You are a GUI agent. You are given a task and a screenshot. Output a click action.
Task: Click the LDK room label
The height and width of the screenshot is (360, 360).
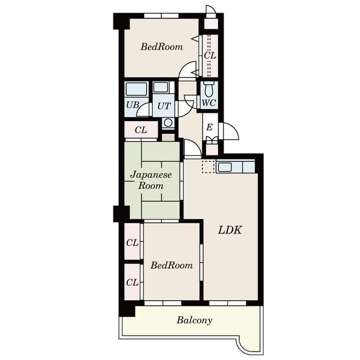tap(230, 230)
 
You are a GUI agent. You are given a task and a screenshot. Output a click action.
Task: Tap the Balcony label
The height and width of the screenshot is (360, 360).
tap(194, 320)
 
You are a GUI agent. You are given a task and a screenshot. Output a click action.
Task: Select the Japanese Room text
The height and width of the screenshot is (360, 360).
tap(151, 180)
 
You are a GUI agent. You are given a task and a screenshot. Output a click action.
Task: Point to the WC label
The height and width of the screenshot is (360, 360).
tap(209, 103)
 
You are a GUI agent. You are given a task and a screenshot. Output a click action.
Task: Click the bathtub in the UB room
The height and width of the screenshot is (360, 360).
tap(136, 89)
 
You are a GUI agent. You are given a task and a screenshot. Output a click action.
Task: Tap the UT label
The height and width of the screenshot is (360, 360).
tap(164, 106)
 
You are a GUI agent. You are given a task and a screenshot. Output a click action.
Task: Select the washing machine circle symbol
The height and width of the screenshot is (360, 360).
tap(168, 122)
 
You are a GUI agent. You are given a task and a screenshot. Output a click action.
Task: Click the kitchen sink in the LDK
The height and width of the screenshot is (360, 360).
tap(225, 167)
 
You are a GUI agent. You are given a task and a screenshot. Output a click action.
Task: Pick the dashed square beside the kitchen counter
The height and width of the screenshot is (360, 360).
tap(208, 167)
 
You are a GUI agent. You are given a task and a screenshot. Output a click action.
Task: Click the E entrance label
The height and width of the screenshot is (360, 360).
tap(209, 127)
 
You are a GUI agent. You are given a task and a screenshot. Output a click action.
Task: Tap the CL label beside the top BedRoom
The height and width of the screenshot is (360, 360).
tap(210, 56)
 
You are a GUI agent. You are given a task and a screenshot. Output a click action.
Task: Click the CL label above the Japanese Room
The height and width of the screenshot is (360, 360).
tap(141, 130)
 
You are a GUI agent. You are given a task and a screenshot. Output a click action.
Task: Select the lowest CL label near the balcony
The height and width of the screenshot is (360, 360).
tap(133, 283)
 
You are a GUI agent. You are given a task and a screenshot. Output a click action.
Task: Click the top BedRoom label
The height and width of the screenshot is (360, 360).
tap(161, 47)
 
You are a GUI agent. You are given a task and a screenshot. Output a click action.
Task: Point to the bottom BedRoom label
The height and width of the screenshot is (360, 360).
tap(172, 265)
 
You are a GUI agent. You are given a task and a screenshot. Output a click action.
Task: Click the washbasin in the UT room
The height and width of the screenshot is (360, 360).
tap(160, 87)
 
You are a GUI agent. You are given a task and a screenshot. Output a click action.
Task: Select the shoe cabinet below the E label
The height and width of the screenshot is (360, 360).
tap(212, 146)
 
